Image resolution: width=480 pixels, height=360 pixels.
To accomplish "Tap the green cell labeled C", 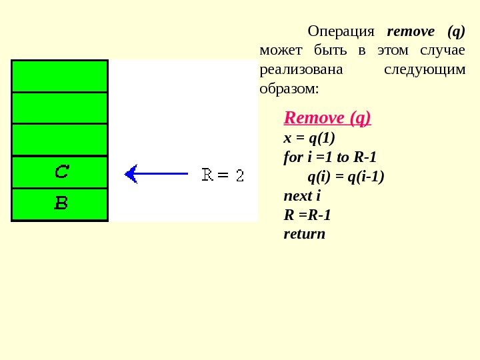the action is [x=60, y=173].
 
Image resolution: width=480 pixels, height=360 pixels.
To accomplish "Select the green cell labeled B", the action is [x=60, y=204].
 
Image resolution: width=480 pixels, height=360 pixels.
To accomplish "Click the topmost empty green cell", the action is [x=60, y=76].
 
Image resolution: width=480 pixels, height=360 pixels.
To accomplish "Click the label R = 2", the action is [x=223, y=175].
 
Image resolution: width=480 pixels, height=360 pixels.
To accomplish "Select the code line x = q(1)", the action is [x=309, y=138].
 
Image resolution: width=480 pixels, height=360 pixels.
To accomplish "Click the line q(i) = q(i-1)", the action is [x=346, y=177].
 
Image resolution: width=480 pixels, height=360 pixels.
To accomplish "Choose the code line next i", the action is [x=303, y=196].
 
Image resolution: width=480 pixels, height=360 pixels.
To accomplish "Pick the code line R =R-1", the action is [x=307, y=215].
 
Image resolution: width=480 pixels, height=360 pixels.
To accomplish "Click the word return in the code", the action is [x=305, y=234].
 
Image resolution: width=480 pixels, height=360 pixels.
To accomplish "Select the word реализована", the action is [x=299, y=69].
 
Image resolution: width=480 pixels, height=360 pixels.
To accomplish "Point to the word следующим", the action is [x=426, y=69].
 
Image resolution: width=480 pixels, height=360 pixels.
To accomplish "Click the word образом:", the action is [x=289, y=88].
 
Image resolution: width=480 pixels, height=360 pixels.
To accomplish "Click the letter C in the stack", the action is [x=61, y=173].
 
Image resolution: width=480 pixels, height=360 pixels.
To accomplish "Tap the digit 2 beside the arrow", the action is [x=240, y=176].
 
